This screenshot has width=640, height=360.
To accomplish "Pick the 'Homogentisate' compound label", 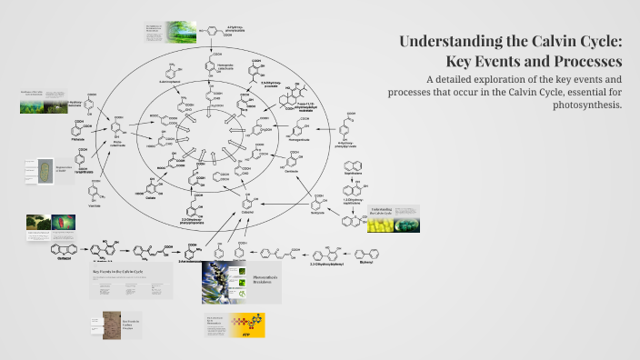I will [x=270, y=140].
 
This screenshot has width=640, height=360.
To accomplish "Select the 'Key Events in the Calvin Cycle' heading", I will [x=119, y=272].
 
